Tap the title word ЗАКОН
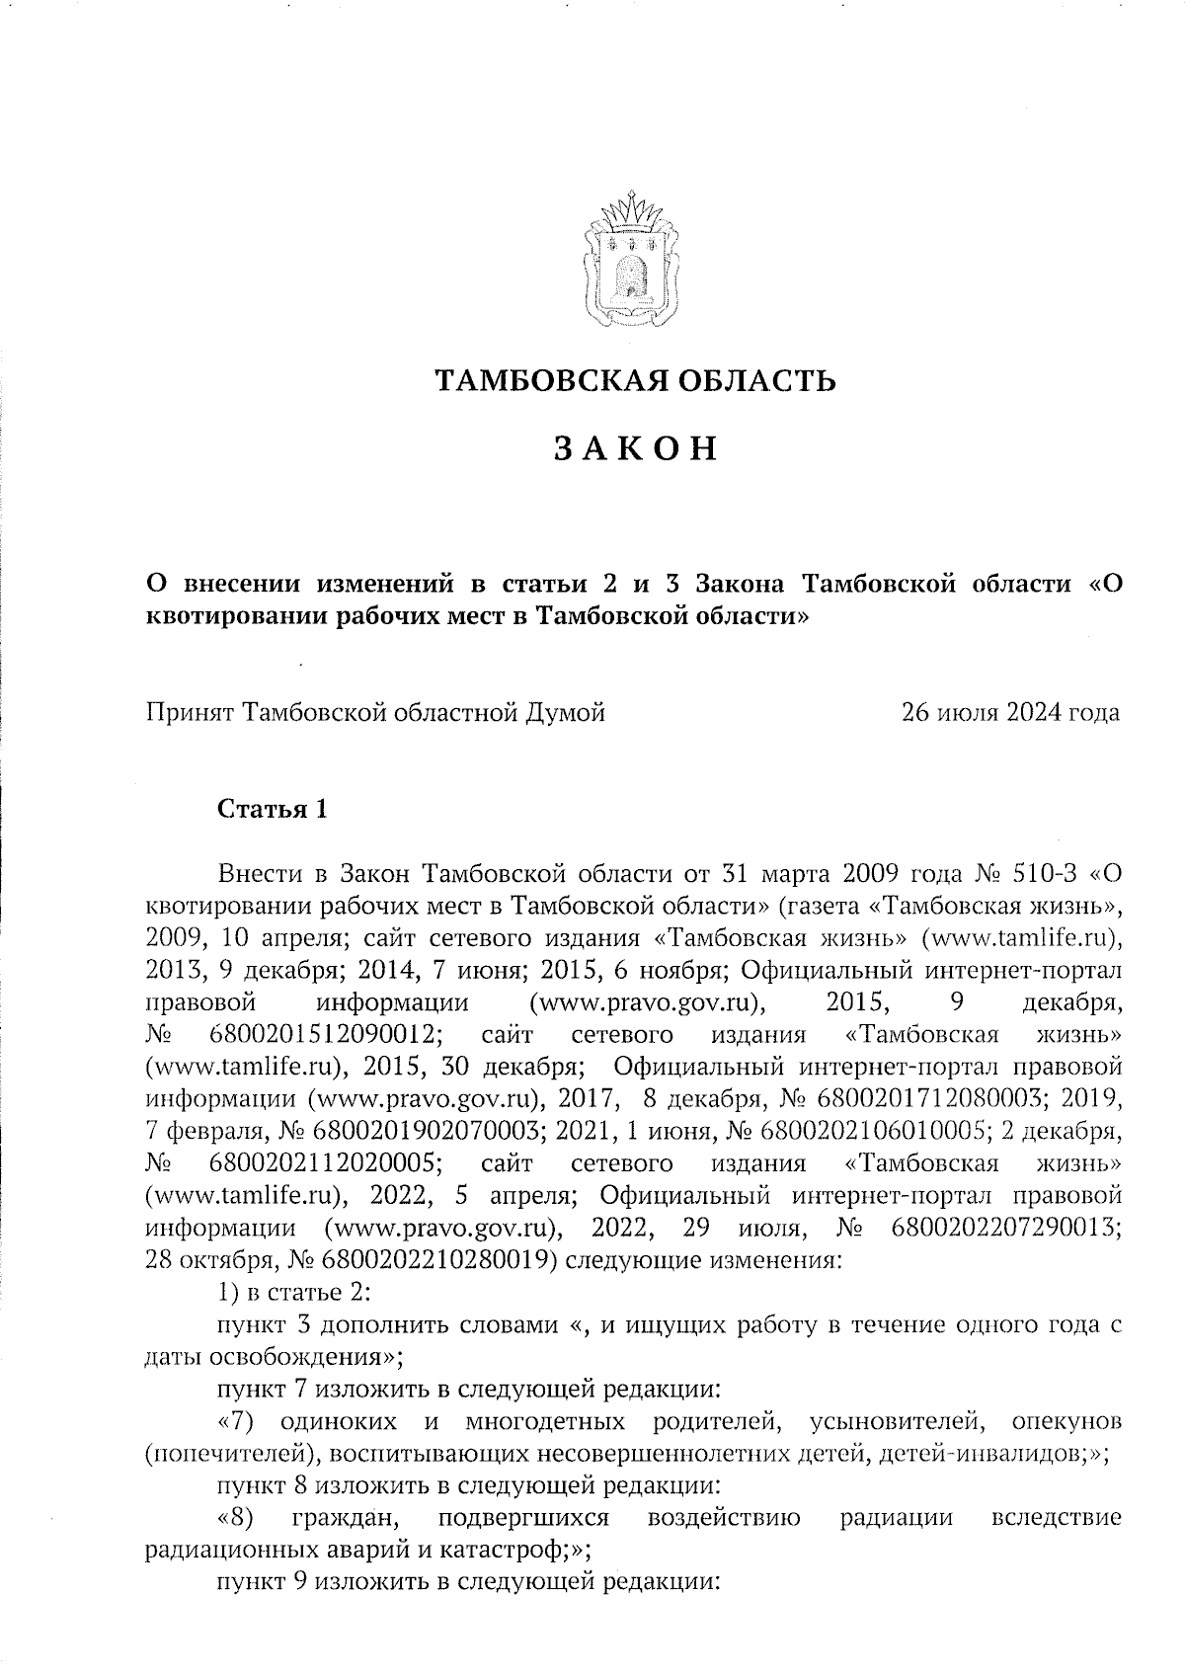click(634, 449)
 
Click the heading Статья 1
click(272, 810)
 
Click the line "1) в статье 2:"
click(293, 1292)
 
